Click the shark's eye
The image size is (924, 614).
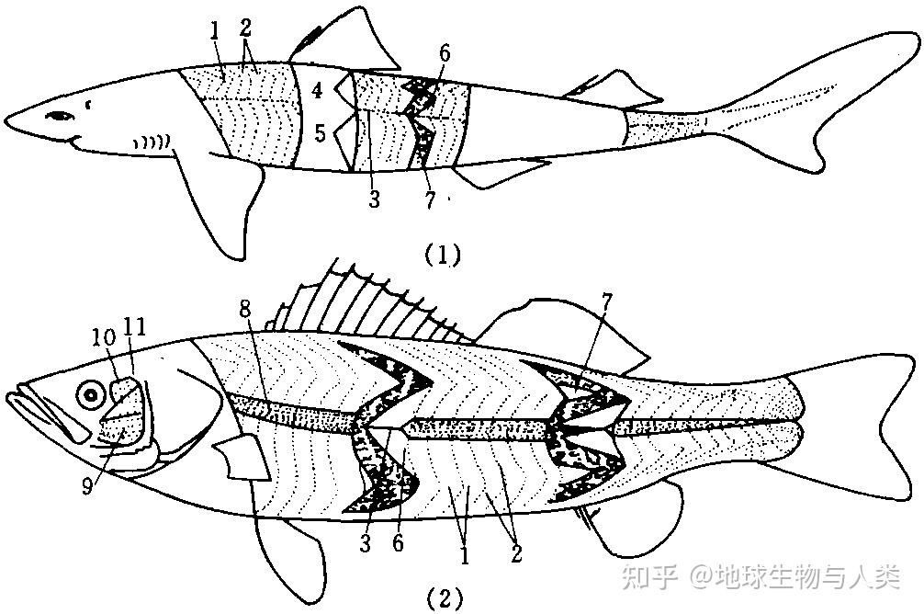tap(61, 117)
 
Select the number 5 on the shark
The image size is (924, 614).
tap(320, 133)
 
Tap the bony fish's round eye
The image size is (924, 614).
tap(90, 396)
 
